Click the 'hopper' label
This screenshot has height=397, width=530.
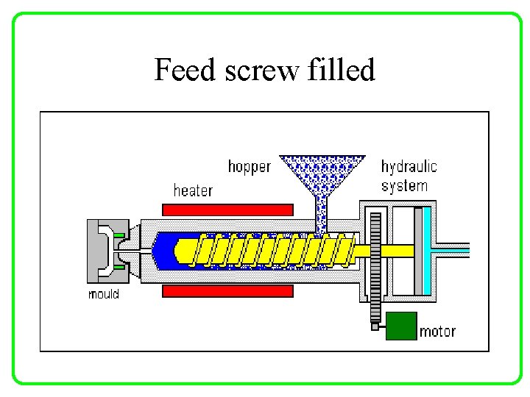click(249, 167)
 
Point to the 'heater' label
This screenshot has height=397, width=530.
click(193, 191)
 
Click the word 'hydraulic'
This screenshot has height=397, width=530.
click(409, 167)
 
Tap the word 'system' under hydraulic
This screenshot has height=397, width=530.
click(404, 185)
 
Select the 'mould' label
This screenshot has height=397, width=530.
click(103, 294)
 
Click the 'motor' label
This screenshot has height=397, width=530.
click(437, 332)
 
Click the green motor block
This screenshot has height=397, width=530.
click(401, 326)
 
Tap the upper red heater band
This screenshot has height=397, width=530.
click(227, 210)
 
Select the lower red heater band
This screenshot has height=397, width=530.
click(227, 291)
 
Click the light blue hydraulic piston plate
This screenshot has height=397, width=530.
click(420, 250)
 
